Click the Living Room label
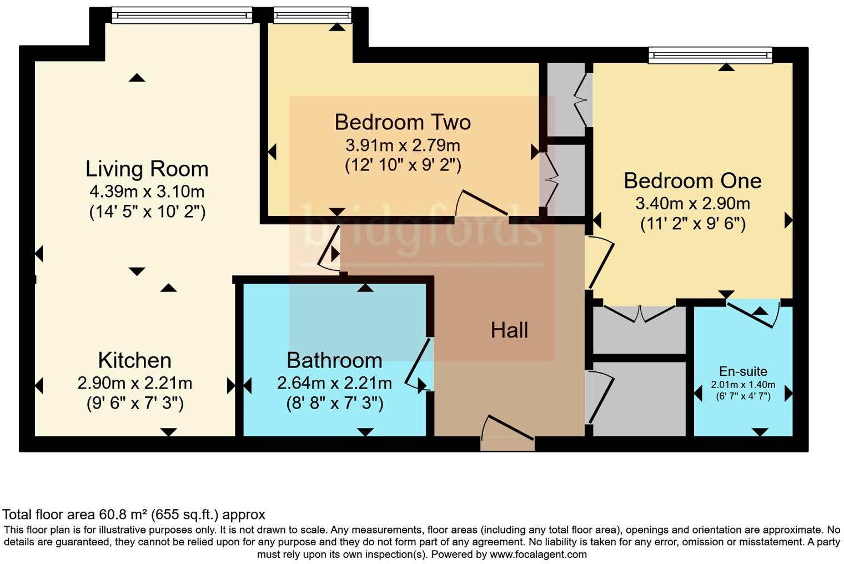pyautogui.click(x=147, y=169)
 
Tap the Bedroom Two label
pyautogui.click(x=403, y=122)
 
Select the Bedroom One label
pyautogui.click(x=692, y=181)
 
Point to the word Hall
pyautogui.click(x=509, y=331)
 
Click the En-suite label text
pyautogui.click(x=743, y=371)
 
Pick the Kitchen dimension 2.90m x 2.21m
pyautogui.click(x=135, y=383)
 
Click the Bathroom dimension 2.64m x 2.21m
pyautogui.click(x=334, y=383)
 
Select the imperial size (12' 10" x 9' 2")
pyautogui.click(x=403, y=165)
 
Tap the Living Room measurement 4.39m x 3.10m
pyautogui.click(x=147, y=192)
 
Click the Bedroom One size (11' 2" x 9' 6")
pyautogui.click(x=692, y=224)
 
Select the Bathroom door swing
pyautogui.click(x=418, y=364)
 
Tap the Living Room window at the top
pyautogui.click(x=182, y=16)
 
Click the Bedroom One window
pyautogui.click(x=710, y=54)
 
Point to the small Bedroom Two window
pyautogui.click(x=312, y=16)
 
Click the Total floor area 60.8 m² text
pyautogui.click(x=134, y=515)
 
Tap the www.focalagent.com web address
pyautogui.click(x=537, y=554)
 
